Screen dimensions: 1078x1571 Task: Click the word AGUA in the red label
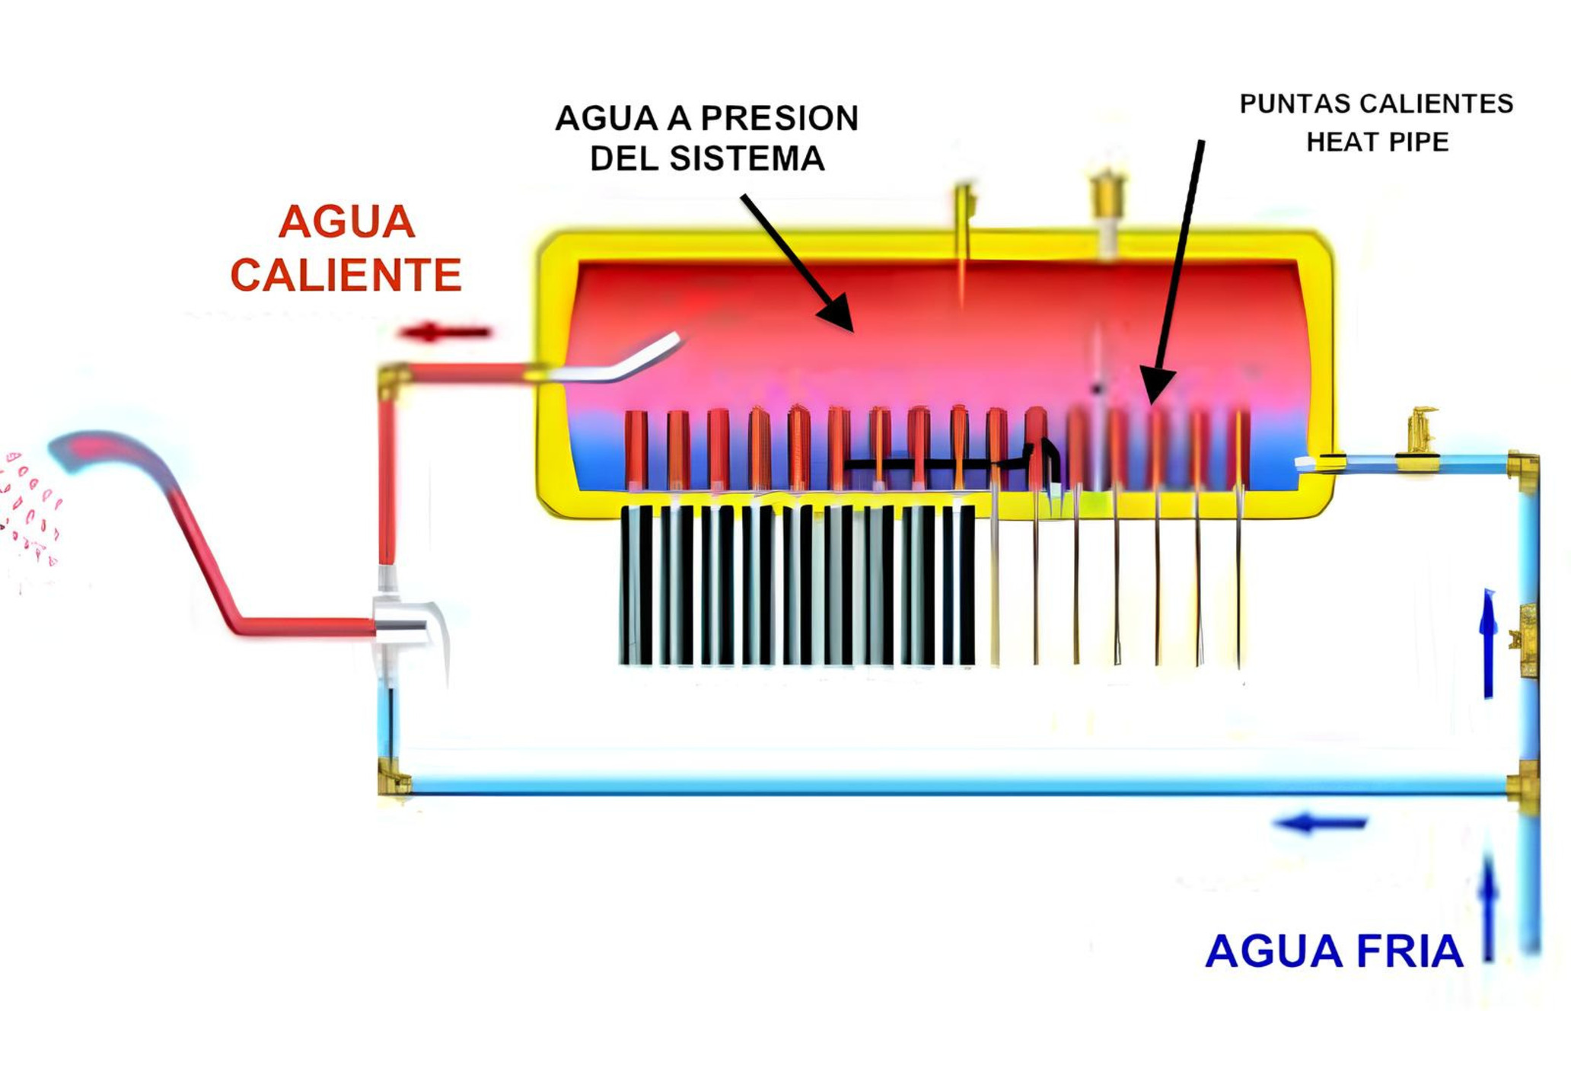pyautogui.click(x=346, y=222)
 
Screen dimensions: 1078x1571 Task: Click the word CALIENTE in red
pyautogui.click(x=346, y=275)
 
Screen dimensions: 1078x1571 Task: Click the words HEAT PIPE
pyautogui.click(x=1377, y=142)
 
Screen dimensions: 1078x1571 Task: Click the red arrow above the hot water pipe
pyautogui.click(x=445, y=332)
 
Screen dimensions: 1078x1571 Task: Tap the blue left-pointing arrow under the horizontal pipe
pyautogui.click(x=1321, y=823)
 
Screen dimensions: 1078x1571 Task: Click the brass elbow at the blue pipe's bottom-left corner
pyautogui.click(x=393, y=778)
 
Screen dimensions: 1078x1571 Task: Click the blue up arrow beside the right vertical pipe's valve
pyautogui.click(x=1489, y=644)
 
